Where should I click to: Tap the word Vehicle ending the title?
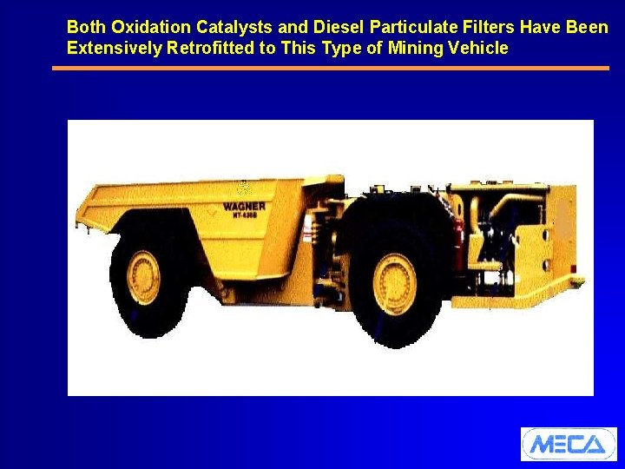click(477, 48)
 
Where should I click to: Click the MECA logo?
click(568, 444)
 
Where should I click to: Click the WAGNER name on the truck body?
click(244, 207)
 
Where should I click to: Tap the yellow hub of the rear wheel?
click(144, 277)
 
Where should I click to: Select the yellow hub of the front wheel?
click(395, 281)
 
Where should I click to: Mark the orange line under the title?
click(330, 68)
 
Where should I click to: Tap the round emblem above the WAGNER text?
click(243, 188)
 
